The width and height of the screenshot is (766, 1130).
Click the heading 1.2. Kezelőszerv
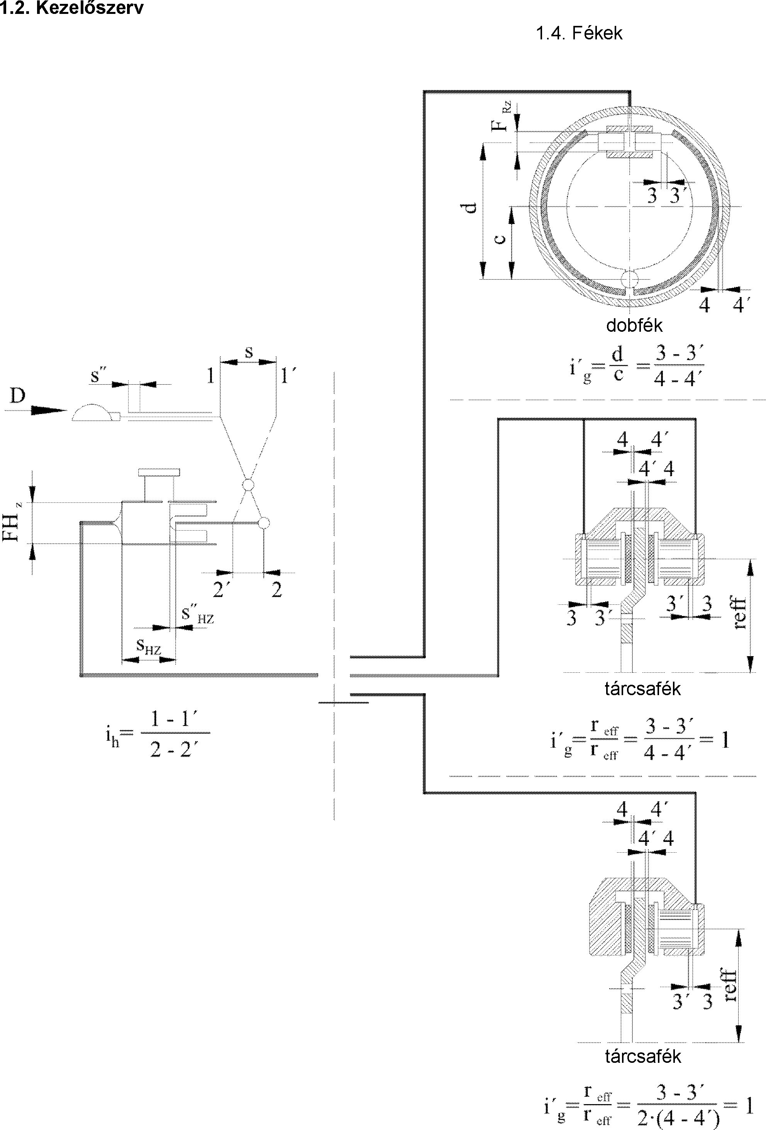click(x=72, y=8)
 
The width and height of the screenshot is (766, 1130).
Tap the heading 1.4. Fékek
click(x=579, y=33)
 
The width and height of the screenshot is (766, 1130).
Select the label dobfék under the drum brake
click(x=634, y=325)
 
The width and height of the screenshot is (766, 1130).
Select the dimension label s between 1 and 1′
click(x=249, y=353)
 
